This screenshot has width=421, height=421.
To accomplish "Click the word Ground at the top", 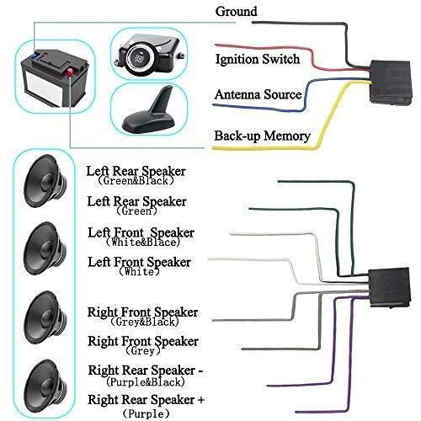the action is (236, 12).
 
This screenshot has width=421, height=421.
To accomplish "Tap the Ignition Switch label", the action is (258, 60).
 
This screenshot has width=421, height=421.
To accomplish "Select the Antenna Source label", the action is (258, 94).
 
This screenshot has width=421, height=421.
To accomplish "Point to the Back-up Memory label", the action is (262, 136).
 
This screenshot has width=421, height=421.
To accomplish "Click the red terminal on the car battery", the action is (70, 72).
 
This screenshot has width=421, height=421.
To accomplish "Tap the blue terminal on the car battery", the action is (34, 55).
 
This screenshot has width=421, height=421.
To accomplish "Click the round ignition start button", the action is (140, 57).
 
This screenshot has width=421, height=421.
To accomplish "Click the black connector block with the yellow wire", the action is (391, 83).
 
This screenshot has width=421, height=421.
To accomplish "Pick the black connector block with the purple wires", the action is (390, 287).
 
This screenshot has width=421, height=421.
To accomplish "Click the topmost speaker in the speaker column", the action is (45, 181).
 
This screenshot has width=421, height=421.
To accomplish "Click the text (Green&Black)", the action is (136, 180).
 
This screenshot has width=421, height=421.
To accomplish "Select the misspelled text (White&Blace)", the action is (142, 242).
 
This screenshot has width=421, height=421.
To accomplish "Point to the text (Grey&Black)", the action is (145, 322).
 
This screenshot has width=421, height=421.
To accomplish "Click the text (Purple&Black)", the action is (146, 381).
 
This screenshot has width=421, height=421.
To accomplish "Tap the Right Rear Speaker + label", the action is (146, 400).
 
